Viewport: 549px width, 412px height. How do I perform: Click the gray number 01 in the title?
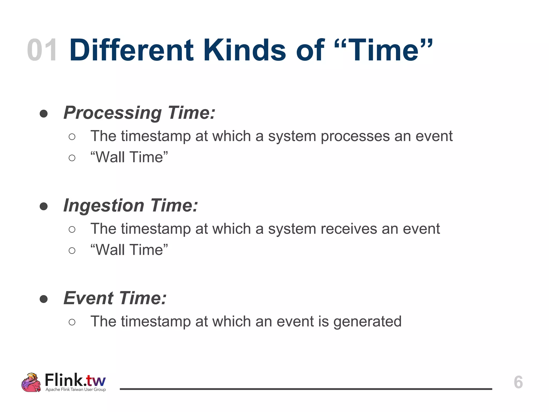[x=42, y=50]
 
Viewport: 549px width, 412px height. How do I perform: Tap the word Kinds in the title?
[x=244, y=50]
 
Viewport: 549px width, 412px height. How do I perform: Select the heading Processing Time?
[x=139, y=113]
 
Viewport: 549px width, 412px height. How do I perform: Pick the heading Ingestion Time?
[x=131, y=205]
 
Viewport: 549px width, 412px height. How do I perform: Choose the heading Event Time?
[x=115, y=298]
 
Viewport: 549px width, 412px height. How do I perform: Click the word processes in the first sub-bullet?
[x=355, y=136]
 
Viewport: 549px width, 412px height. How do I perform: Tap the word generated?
[x=367, y=321]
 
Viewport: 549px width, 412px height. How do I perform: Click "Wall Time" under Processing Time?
[x=129, y=157]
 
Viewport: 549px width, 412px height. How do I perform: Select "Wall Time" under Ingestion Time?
[x=129, y=250]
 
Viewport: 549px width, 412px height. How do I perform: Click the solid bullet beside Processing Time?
[x=44, y=114]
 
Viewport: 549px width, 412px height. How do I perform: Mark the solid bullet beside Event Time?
[x=44, y=299]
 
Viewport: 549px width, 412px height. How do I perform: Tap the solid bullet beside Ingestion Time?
[x=44, y=207]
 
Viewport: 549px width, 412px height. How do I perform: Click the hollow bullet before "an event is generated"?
[x=72, y=322]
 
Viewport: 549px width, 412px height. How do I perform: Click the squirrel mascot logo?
[x=31, y=382]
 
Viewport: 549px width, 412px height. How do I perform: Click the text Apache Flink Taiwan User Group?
[x=76, y=389]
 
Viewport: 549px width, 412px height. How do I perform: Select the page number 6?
[x=518, y=382]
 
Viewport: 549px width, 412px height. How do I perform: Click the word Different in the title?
[x=131, y=50]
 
